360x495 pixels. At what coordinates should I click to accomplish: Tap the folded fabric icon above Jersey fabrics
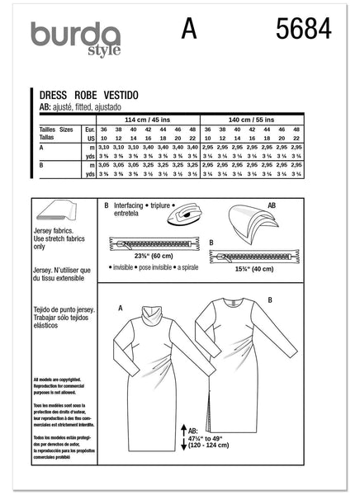(61, 212)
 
